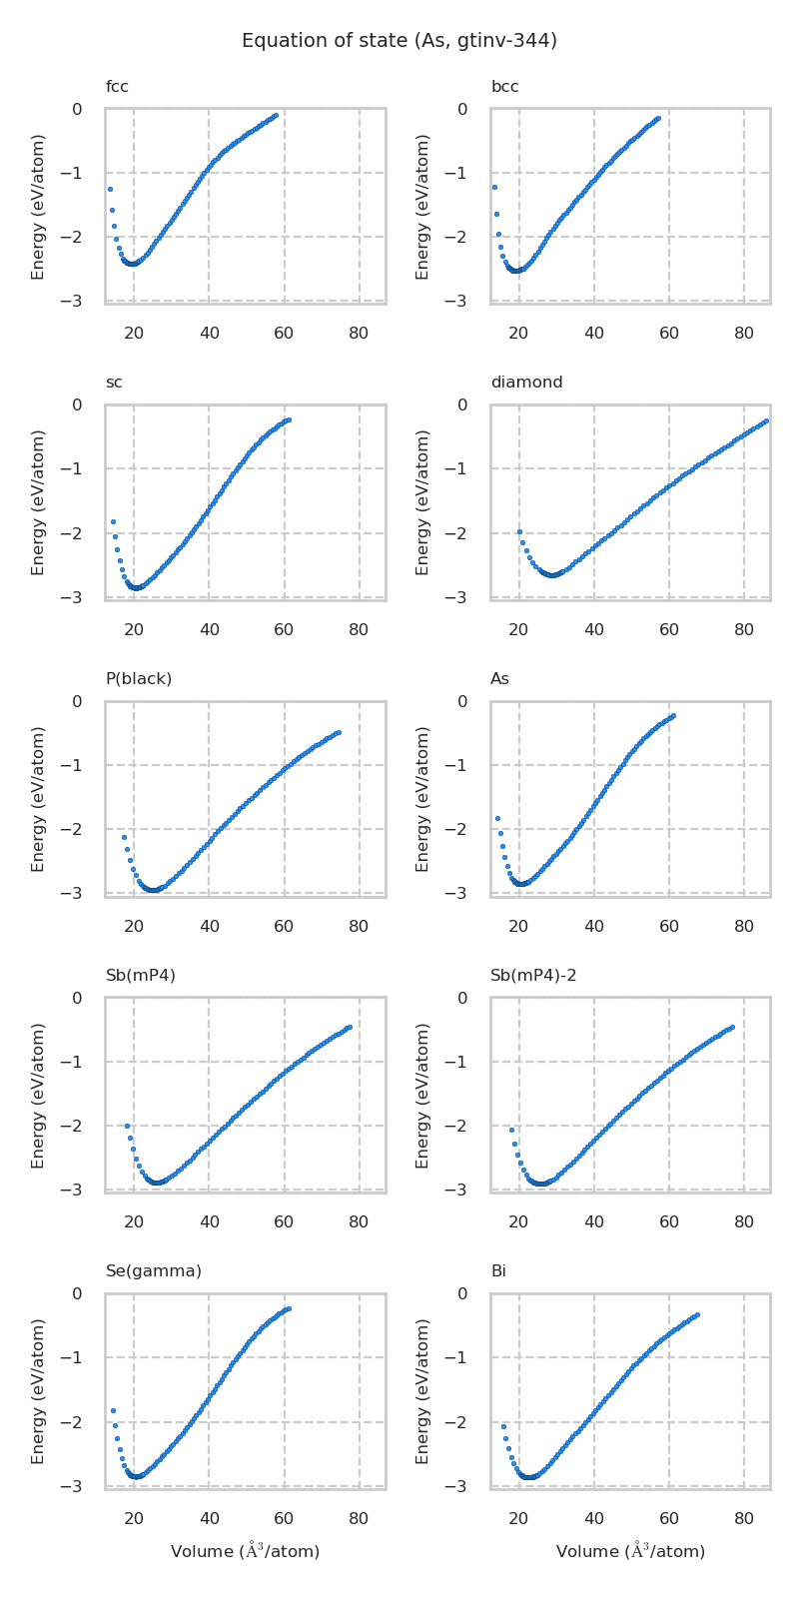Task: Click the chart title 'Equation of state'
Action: tap(399, 41)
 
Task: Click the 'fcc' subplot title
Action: tap(117, 87)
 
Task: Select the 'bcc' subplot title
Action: tap(504, 87)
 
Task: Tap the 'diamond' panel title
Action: tap(526, 383)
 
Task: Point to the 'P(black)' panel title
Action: tap(139, 679)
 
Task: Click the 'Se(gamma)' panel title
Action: tap(154, 1271)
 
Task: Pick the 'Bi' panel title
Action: tap(498, 1271)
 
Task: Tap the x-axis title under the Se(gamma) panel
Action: tap(245, 1551)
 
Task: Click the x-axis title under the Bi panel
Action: tap(630, 1551)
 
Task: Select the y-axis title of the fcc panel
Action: tap(38, 206)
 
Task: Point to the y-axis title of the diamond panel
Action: tap(422, 501)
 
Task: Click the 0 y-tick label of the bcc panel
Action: tap(476, 109)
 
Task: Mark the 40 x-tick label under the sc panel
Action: tap(209, 630)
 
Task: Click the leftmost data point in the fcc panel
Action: tap(110, 189)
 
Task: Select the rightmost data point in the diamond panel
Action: tap(766, 420)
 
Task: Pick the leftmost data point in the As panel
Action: tap(497, 818)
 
